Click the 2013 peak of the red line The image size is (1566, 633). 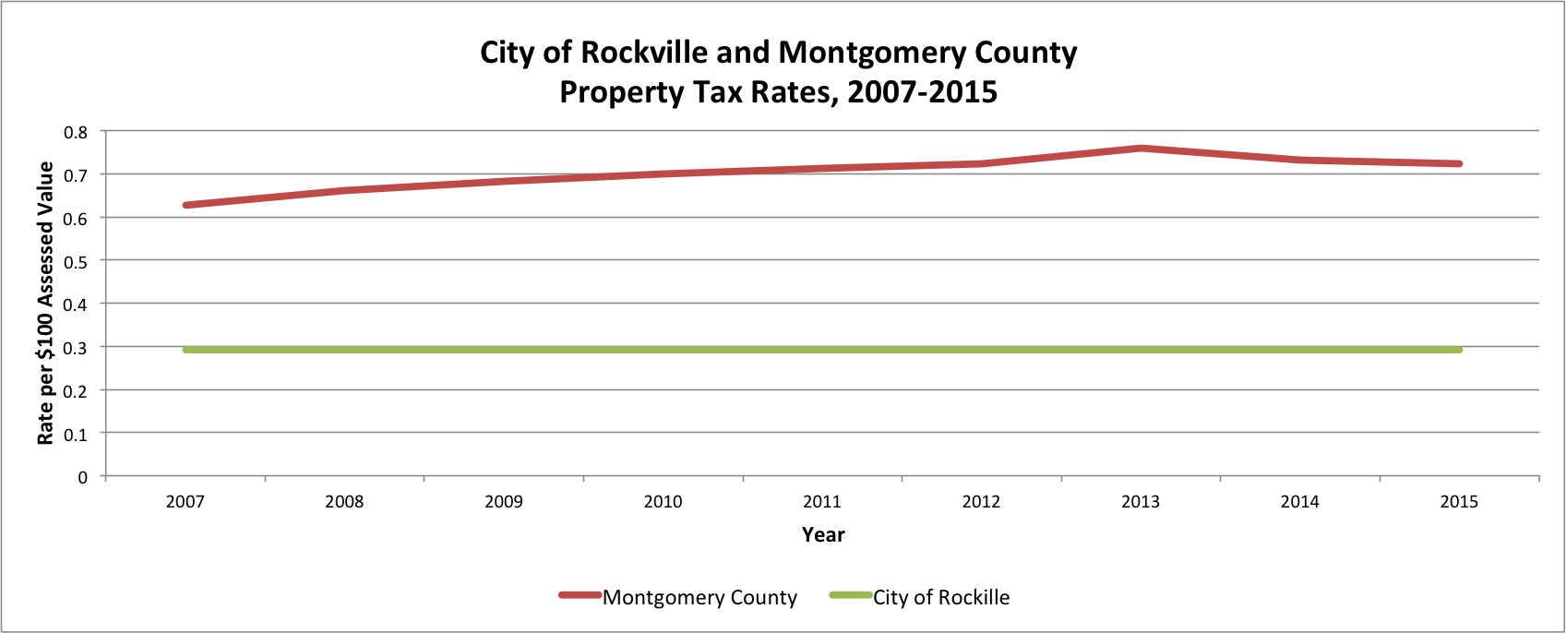point(1141,148)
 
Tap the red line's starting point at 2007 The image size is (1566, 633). point(185,205)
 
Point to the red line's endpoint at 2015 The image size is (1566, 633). point(1459,164)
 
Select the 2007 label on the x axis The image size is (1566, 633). point(185,502)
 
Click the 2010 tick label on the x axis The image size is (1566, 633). point(663,502)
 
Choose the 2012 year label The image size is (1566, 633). point(981,502)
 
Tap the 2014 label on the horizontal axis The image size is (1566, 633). point(1299,502)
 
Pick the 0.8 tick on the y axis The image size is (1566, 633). point(76,132)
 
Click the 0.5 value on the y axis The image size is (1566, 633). point(76,261)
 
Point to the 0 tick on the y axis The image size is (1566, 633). point(83,477)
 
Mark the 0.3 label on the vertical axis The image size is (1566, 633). point(76,347)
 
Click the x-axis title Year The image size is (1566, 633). point(823,535)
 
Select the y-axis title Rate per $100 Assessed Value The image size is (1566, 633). point(45,304)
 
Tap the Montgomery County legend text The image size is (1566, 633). point(699,598)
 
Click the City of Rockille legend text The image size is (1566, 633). point(941,598)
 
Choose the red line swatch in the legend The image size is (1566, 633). point(580,595)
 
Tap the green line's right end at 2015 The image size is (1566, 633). point(1459,350)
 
